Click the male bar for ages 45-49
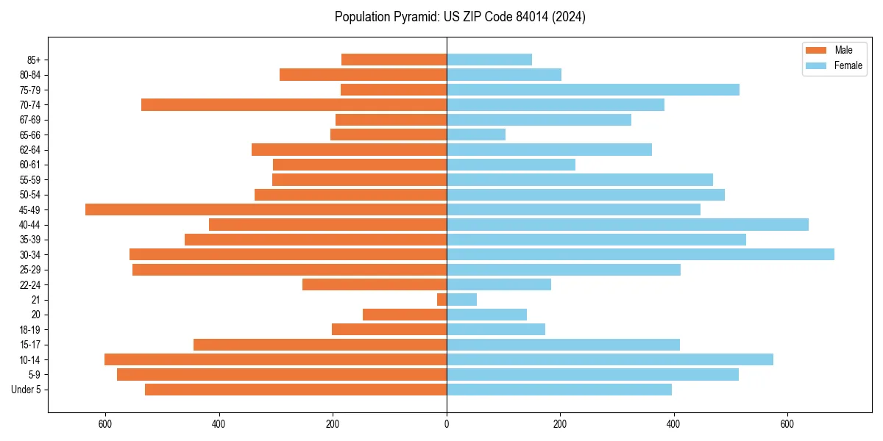266,209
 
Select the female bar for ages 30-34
640,254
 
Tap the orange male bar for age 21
442,300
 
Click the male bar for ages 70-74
294,105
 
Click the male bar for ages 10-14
275,359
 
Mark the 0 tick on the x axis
447,424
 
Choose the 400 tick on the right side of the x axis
673,424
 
